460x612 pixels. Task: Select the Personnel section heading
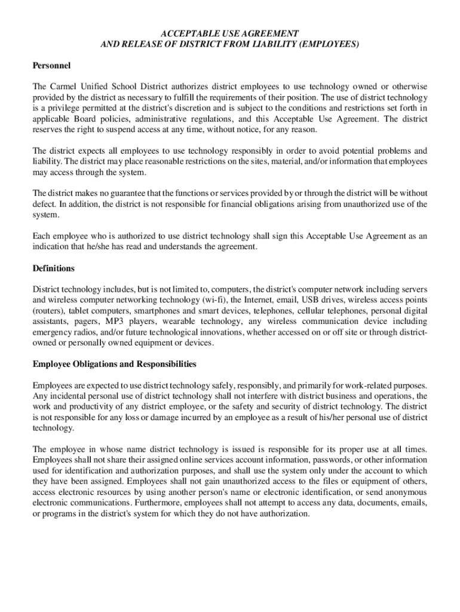click(x=51, y=65)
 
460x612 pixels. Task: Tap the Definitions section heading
click(x=54, y=268)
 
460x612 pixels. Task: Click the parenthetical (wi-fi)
click(x=214, y=300)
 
